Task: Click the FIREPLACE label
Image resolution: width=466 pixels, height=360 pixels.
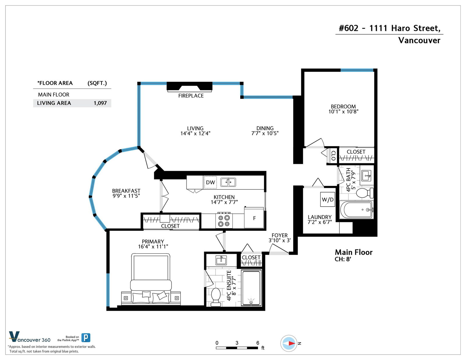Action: (191, 96)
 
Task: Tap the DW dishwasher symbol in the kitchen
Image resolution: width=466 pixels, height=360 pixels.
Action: (210, 182)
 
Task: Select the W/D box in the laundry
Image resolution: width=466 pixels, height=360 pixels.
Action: (327, 200)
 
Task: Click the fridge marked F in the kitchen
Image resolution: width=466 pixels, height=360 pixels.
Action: (254, 218)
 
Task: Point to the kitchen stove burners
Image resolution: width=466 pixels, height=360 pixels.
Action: (224, 221)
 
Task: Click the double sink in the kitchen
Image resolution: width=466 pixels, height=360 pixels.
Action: (228, 182)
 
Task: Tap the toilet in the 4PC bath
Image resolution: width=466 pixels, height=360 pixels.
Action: (365, 193)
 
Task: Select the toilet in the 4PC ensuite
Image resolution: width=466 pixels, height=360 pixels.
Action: (216, 297)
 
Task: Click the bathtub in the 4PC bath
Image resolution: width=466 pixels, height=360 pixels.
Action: (356, 210)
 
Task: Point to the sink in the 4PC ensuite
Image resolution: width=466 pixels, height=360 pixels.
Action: (221, 260)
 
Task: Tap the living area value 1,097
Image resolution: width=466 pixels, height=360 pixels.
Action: (100, 103)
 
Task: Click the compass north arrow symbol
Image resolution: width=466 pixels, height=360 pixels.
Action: (289, 343)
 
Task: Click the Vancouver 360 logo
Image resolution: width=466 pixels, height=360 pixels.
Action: (30, 337)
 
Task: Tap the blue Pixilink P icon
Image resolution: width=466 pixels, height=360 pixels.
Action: (86, 338)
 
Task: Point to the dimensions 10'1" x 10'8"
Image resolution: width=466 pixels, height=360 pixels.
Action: (343, 112)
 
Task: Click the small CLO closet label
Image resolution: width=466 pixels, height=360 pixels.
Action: (333, 156)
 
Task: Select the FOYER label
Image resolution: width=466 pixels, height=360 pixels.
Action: (279, 235)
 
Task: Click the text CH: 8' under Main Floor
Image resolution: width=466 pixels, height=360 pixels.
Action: (343, 259)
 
